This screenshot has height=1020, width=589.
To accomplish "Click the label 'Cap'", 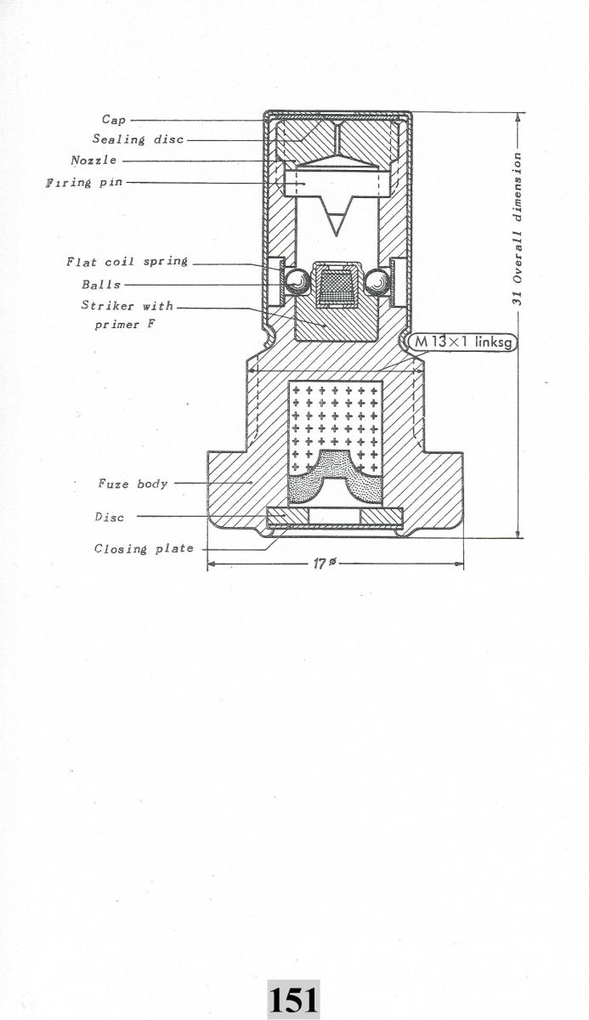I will pos(114,121).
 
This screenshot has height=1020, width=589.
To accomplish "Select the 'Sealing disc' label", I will pos(138,139).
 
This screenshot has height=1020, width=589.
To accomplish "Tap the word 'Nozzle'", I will pos(94,160).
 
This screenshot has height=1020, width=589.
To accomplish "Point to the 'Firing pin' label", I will pos(81,183).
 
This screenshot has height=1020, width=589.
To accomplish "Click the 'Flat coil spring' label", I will pos(127,262).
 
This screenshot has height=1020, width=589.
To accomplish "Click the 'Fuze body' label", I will pos(133,484).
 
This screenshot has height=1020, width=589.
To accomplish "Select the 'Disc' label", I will pos(109,516).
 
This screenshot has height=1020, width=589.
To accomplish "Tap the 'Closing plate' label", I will pos(144,549).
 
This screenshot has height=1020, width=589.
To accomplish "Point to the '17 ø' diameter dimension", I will pos(322,564).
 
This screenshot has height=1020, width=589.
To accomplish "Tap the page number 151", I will pos(293,1000).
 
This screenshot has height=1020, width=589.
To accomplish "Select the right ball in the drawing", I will pos(377,280).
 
